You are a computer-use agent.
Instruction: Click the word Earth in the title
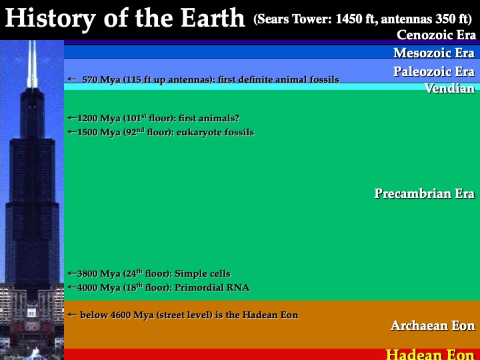coord(213,18)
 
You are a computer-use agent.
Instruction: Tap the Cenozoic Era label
coord(436,35)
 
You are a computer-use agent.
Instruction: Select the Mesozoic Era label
coord(434,53)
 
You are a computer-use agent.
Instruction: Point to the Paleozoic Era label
coord(434,71)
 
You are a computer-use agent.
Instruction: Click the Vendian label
coord(450,88)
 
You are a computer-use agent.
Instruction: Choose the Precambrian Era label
coord(425,193)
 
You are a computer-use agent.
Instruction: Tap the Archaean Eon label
coord(433,325)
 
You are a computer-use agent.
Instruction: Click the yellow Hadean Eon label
coord(430,354)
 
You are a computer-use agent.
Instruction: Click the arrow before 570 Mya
coord(72,79)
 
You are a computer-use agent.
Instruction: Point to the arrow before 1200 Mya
coord(72,117)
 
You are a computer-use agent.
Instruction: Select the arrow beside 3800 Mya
coord(72,273)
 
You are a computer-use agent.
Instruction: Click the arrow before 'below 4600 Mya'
coord(72,314)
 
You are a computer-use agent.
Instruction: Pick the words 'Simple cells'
coord(203,274)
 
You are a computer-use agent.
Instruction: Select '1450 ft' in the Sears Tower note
coord(354,19)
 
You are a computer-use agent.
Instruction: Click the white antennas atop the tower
coord(32,64)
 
